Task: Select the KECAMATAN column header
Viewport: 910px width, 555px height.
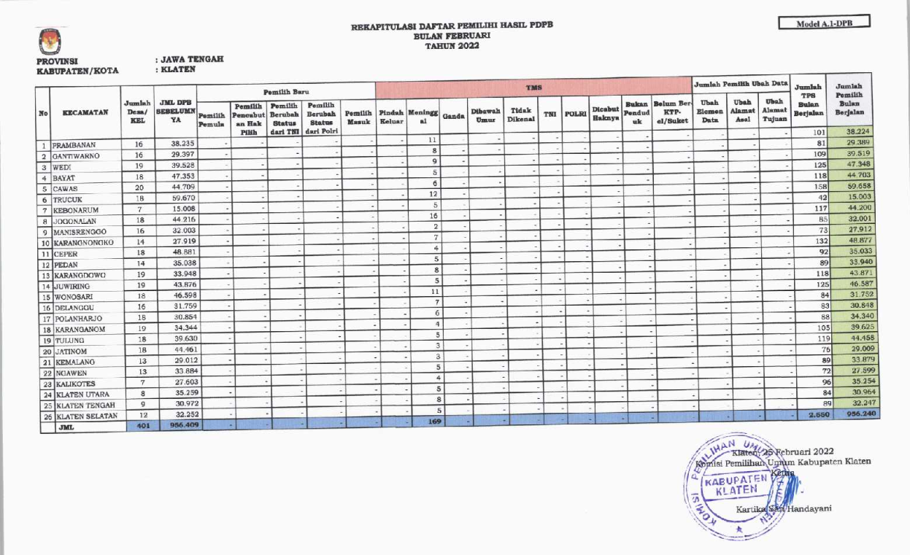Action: click(x=86, y=113)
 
